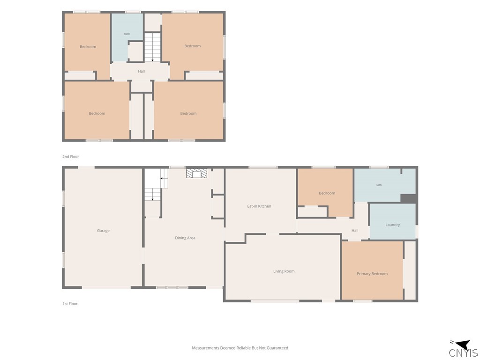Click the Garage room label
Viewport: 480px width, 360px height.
pyautogui.click(x=103, y=231)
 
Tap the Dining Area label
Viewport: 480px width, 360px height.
pyautogui.click(x=185, y=238)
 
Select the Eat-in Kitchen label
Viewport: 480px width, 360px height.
pyautogui.click(x=259, y=206)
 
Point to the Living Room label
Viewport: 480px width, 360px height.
pyautogui.click(x=284, y=271)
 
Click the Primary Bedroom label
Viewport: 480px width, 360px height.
pyautogui.click(x=372, y=274)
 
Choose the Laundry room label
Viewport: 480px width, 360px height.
pyautogui.click(x=392, y=225)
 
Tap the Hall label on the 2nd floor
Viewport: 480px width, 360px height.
pyautogui.click(x=141, y=71)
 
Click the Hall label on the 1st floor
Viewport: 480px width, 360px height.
pyautogui.click(x=355, y=231)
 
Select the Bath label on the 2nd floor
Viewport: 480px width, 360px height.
pyautogui.click(x=127, y=34)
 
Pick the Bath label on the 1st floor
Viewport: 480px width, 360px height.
pyautogui.click(x=379, y=185)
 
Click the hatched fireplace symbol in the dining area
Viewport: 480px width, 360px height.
pyautogui.click(x=196, y=173)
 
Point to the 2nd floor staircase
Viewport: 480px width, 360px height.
pyautogui.click(x=152, y=47)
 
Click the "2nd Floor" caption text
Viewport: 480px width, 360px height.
pyautogui.click(x=71, y=157)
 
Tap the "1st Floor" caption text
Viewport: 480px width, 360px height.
pyautogui.click(x=70, y=304)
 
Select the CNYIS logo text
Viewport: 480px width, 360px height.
pyautogui.click(x=463, y=353)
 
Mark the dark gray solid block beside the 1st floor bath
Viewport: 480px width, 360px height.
pyautogui.click(x=408, y=198)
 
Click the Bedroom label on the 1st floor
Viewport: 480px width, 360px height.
pyautogui.click(x=327, y=193)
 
